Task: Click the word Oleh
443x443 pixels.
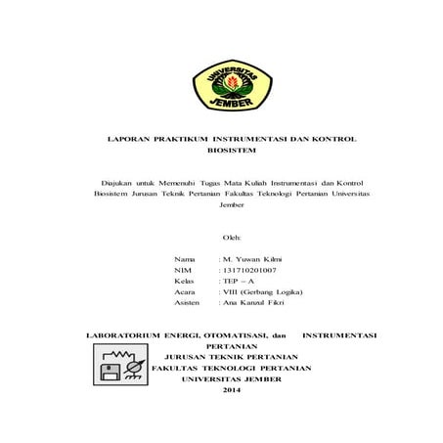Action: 232,238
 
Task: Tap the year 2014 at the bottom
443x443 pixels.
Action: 232,391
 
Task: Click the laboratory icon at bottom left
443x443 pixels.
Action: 113,365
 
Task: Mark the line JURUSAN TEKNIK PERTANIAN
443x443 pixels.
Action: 232,357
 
